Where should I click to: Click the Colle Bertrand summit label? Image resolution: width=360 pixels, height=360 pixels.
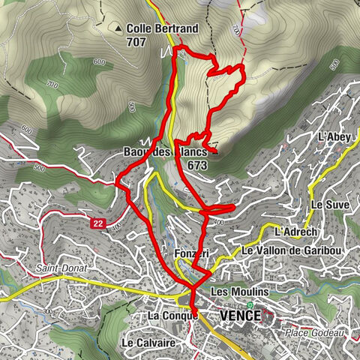pyautogui.click(x=162, y=28)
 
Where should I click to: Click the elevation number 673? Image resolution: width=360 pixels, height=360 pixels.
pyautogui.click(x=198, y=165)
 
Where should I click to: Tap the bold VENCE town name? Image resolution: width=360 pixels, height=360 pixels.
pyautogui.click(x=240, y=316)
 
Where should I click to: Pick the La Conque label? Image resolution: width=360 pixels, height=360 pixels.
pyautogui.click(x=172, y=316)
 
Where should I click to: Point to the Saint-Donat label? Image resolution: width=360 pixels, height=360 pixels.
pyautogui.click(x=57, y=267)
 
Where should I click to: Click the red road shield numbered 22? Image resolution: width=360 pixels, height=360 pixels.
pyautogui.click(x=98, y=223)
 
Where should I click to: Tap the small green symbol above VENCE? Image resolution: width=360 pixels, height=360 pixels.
pyautogui.click(x=250, y=304)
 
